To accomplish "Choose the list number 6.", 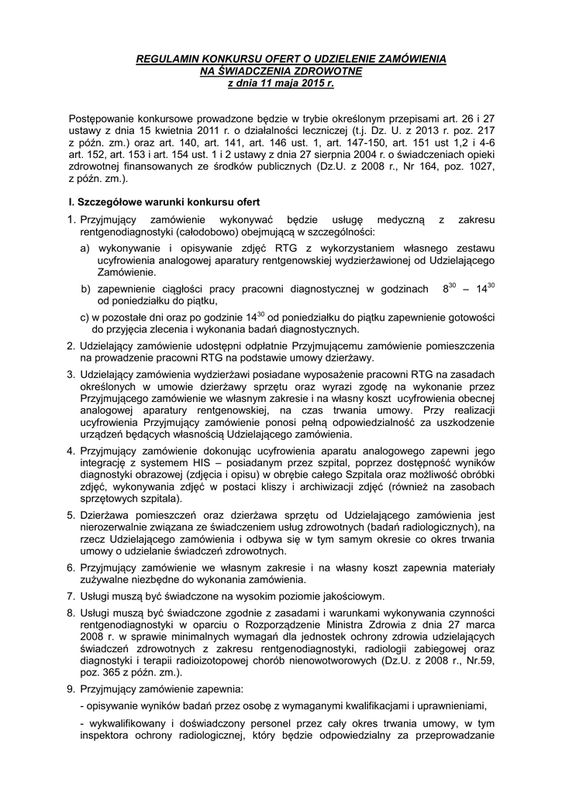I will click(x=71, y=568).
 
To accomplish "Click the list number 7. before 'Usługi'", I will click(x=71, y=596).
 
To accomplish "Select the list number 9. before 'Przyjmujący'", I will click(x=71, y=688).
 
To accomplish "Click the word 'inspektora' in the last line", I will click(x=104, y=734).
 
